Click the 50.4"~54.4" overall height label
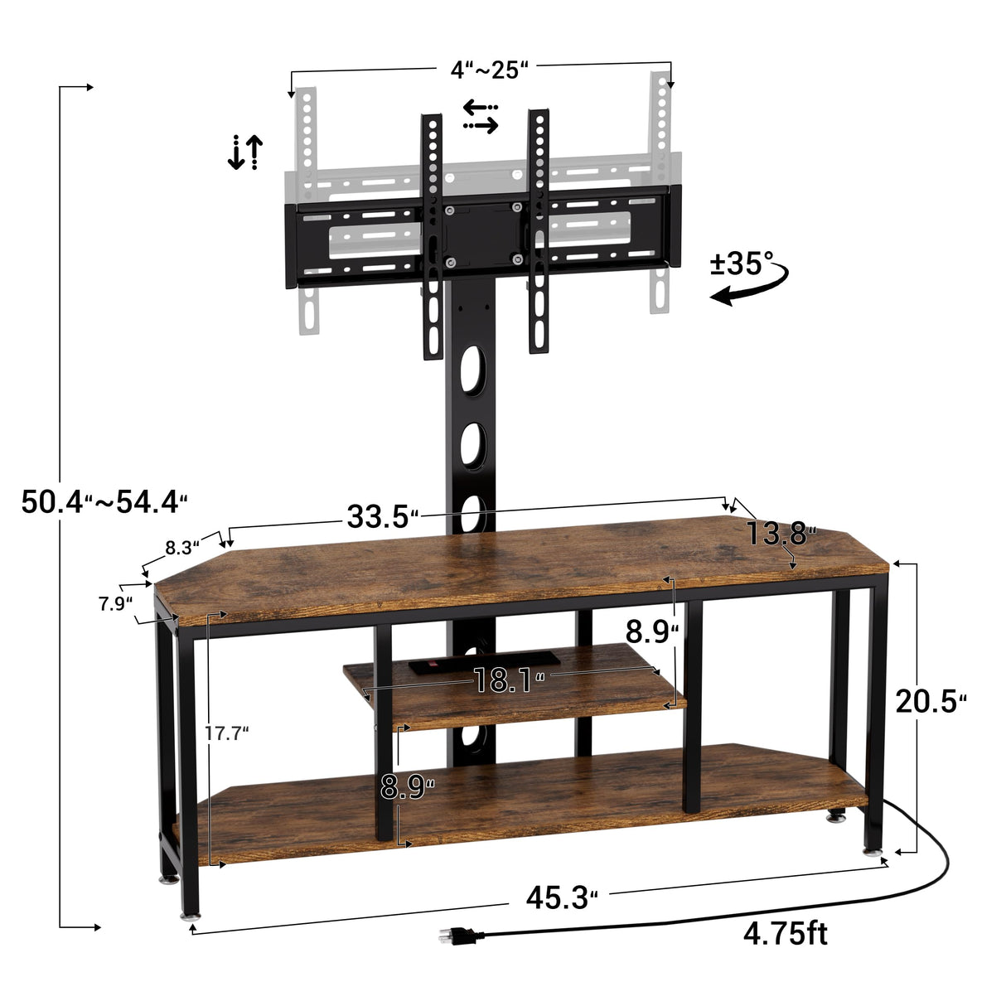coord(104,501)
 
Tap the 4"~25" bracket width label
coord(489,70)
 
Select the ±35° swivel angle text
coord(741,264)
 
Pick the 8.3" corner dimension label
coord(182,547)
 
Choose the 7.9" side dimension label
coord(115,603)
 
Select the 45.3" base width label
coord(561,897)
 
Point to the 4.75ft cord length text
coord(785,934)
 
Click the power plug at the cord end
coord(459,936)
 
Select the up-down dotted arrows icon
coord(245,152)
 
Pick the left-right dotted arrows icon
coord(481,117)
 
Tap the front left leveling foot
coord(190,915)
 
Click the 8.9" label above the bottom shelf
coord(407,786)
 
